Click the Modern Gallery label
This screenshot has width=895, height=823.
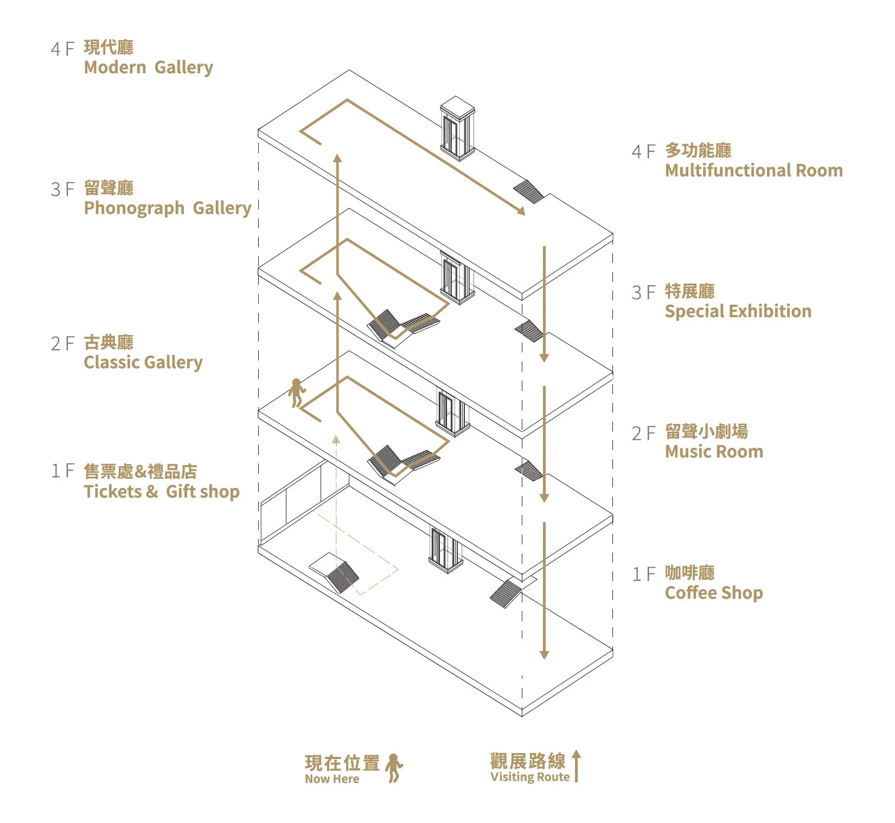click(148, 68)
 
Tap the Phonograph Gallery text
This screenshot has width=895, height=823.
click(168, 208)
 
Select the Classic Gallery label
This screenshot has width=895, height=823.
click(143, 362)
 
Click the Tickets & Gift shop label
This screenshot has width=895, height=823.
click(162, 492)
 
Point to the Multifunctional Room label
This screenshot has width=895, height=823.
click(754, 170)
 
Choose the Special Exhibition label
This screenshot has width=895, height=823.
click(738, 311)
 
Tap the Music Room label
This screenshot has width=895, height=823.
click(714, 452)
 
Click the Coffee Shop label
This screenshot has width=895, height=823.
click(714, 593)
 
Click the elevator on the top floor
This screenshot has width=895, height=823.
click(457, 129)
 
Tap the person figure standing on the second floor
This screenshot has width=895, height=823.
click(296, 393)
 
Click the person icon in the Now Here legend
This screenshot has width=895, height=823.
click(394, 768)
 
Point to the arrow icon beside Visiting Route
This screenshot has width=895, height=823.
click(576, 766)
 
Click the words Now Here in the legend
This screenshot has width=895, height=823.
click(332, 779)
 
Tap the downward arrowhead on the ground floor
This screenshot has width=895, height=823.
click(544, 654)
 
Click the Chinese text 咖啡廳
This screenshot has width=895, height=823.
click(690, 573)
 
